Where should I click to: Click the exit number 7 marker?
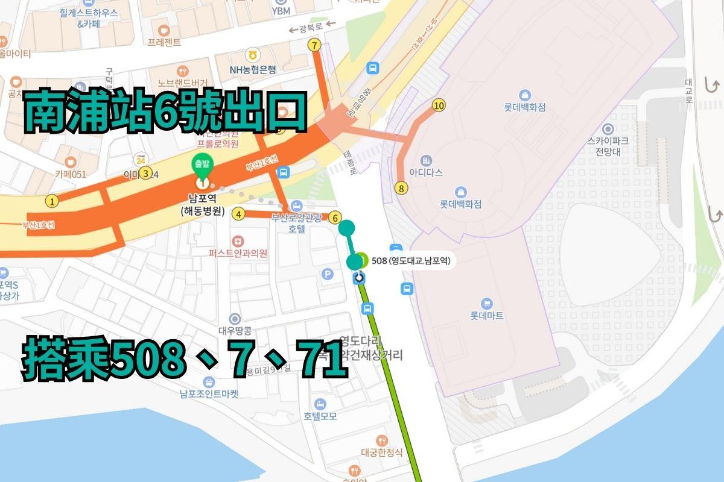[x=314, y=45]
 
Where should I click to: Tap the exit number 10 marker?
[x=439, y=106]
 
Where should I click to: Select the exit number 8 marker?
[x=402, y=189]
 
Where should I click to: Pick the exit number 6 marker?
[x=335, y=218]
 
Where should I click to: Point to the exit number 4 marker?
[x=240, y=214]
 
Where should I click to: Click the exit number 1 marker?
[x=53, y=202]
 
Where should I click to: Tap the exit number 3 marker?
[x=145, y=174]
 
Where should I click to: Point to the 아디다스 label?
[x=426, y=172]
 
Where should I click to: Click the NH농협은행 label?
[x=252, y=69]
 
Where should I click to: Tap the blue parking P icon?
[x=328, y=275]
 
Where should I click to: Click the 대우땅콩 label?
[x=235, y=331]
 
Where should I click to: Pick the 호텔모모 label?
[x=320, y=416]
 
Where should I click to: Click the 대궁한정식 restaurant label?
[x=381, y=453]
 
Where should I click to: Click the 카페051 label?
[x=71, y=174]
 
